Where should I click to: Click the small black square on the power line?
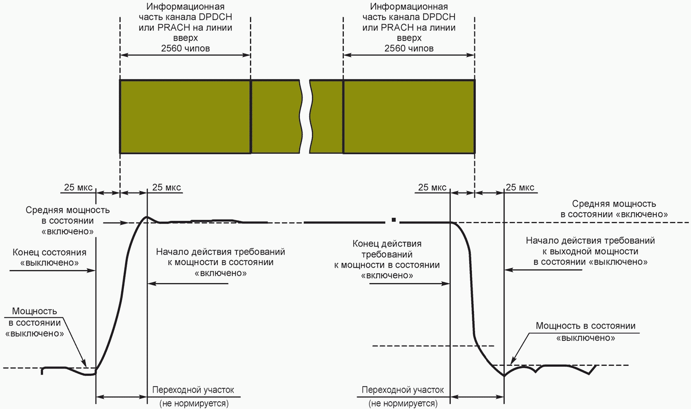click(394, 220)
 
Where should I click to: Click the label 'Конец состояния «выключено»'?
click(50, 258)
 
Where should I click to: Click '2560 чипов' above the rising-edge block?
click(185, 48)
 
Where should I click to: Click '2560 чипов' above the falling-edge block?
click(409, 48)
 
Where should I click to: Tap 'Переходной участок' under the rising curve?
click(193, 390)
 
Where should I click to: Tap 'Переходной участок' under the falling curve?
click(403, 390)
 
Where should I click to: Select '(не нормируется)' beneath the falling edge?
click(403, 403)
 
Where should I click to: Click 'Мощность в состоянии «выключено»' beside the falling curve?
click(585, 332)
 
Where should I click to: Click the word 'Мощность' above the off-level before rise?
click(34, 311)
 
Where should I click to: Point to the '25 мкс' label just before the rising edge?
click(78, 188)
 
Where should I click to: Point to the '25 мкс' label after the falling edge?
click(520, 188)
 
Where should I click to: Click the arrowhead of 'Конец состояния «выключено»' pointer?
click(93, 270)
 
